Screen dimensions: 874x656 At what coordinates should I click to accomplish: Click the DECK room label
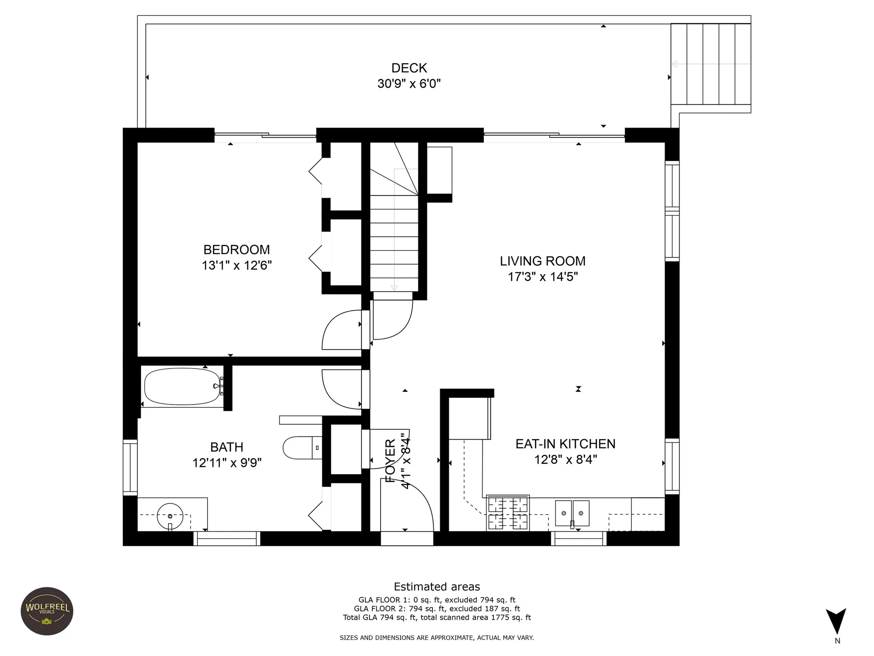[x=409, y=68]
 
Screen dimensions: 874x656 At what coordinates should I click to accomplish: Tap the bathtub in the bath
[x=183, y=386]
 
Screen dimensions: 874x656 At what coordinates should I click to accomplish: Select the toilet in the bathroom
[x=303, y=448]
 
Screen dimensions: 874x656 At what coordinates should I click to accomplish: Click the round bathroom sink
[x=170, y=516]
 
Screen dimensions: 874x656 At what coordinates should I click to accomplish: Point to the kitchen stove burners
[x=508, y=513]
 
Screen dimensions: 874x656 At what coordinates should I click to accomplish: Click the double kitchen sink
[x=572, y=513]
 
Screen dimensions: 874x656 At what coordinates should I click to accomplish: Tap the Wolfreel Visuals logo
[x=47, y=611]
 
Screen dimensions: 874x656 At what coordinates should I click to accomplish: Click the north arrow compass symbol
[x=836, y=622]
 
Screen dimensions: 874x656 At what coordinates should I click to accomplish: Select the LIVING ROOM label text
[x=543, y=261]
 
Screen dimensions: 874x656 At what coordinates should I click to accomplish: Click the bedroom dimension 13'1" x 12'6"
[x=237, y=265]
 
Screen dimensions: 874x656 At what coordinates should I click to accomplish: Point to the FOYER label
[x=390, y=461]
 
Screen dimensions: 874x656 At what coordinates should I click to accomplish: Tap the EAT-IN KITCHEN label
[x=565, y=444]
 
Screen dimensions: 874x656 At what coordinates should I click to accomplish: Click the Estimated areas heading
[x=437, y=587]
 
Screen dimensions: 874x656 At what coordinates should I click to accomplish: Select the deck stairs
[x=711, y=64]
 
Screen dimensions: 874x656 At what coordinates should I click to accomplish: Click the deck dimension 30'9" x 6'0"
[x=409, y=84]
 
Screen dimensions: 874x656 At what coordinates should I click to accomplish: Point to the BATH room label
[x=227, y=447]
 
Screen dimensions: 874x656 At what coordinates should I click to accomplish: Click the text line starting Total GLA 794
[x=437, y=618]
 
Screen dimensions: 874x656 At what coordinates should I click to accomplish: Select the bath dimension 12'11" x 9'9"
[x=227, y=463]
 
